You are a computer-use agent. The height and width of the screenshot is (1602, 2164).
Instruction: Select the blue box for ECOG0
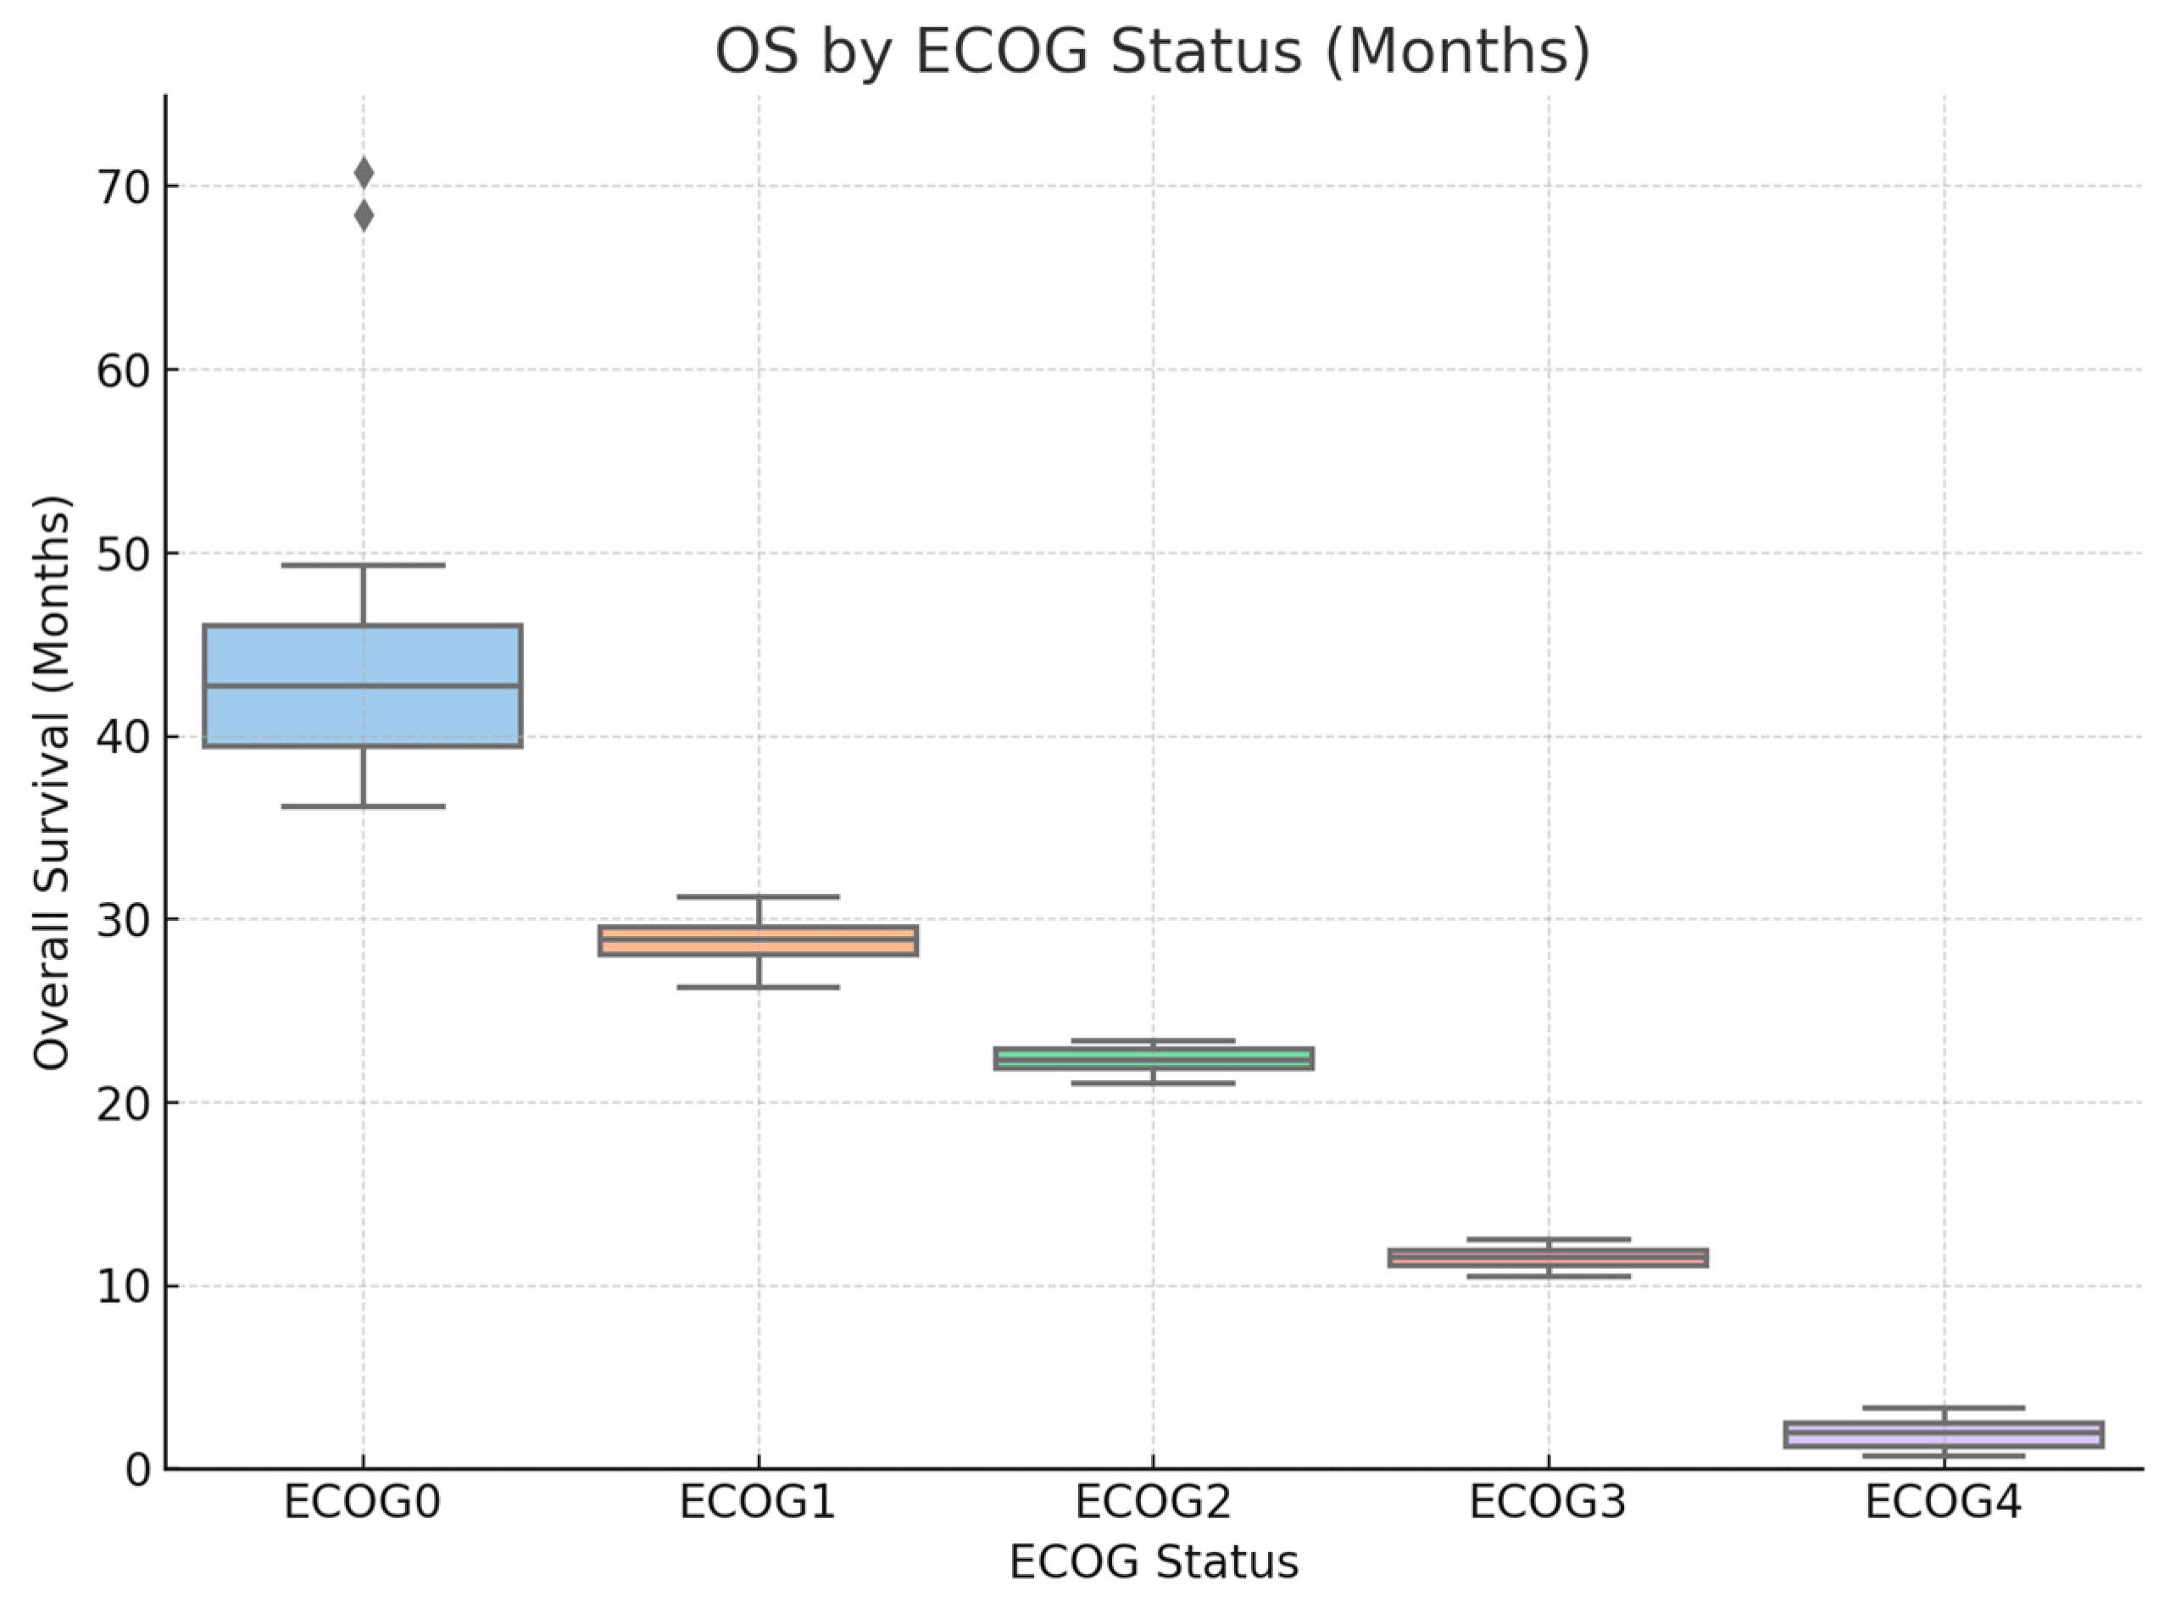[x=363, y=685]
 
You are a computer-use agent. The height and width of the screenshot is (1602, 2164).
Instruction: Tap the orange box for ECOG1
[x=758, y=940]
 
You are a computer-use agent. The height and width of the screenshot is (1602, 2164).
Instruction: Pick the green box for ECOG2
[x=1154, y=1057]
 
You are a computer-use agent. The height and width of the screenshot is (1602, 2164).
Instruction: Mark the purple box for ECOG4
[x=1944, y=1434]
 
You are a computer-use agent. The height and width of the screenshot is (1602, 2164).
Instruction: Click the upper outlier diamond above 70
[x=364, y=174]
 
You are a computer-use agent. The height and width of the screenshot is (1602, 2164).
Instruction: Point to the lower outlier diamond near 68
[x=364, y=216]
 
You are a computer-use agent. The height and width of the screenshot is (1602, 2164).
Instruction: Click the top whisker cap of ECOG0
[x=363, y=564]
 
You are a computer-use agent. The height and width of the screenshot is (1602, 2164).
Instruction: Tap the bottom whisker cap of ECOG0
[x=363, y=806]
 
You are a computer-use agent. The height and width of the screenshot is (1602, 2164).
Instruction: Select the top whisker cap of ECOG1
[x=758, y=896]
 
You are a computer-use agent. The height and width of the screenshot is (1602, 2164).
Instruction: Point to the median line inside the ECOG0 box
[x=363, y=685]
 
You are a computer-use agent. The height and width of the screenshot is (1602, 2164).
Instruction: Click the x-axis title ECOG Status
[x=1154, y=1562]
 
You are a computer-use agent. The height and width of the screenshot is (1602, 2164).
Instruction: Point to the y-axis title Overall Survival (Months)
[x=52, y=784]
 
